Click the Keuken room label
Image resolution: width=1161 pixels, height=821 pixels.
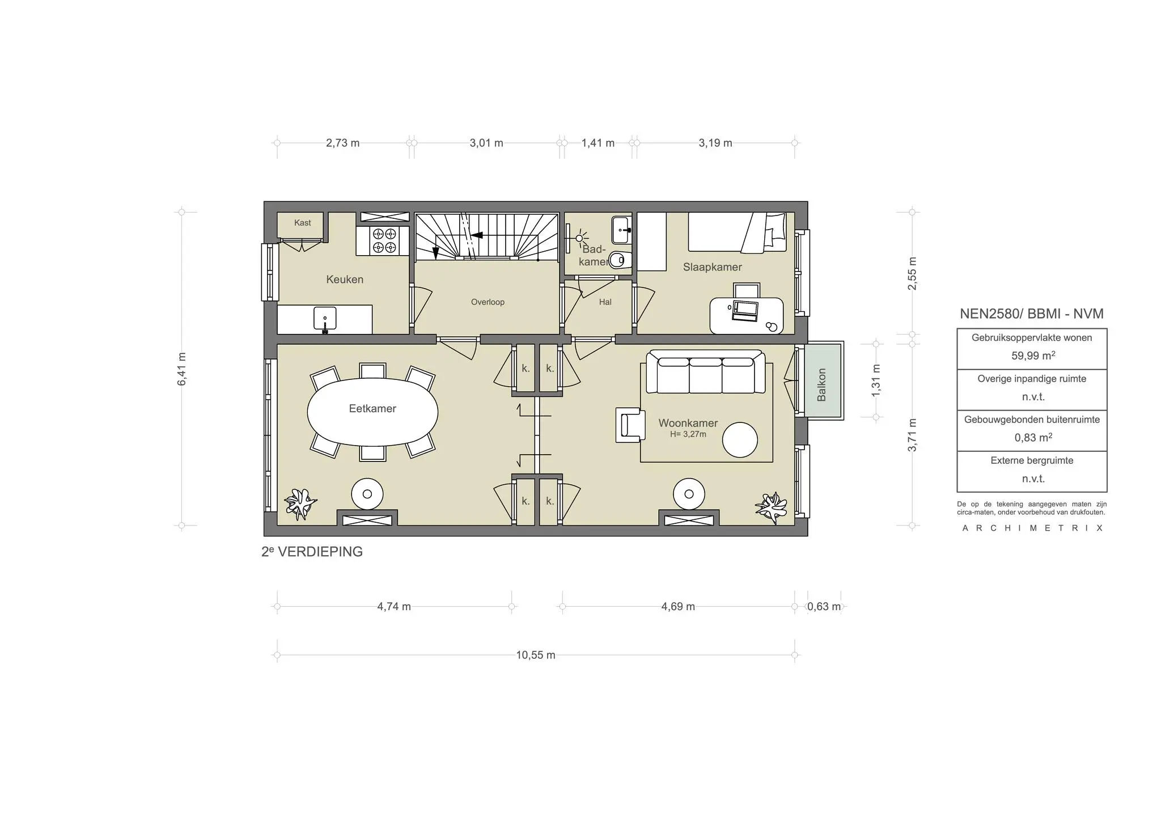point(345,280)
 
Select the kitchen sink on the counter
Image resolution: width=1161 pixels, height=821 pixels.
point(325,319)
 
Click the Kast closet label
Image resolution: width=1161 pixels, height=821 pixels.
point(302,223)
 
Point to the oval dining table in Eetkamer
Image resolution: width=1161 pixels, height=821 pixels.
point(372,412)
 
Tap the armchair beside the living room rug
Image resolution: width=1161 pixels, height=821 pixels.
point(631,424)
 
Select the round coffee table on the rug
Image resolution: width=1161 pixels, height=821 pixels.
point(740,439)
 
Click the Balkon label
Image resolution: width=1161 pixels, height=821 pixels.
point(821,384)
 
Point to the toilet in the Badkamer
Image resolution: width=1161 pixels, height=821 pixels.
point(618,260)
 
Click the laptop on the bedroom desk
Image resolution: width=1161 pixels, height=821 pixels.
point(745,310)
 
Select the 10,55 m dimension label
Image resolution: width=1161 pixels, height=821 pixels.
point(535,655)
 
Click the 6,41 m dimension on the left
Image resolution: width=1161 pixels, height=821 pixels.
point(182,369)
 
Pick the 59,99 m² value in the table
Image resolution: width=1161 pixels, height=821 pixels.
point(1033,356)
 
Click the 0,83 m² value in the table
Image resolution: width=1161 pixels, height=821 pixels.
point(1033,438)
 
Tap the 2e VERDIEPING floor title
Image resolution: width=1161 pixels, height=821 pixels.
point(312,552)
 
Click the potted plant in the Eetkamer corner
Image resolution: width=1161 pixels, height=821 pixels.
point(299,503)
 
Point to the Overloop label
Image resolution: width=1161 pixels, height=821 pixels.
point(488,302)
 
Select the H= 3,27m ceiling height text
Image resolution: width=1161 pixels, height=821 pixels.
point(688,434)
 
